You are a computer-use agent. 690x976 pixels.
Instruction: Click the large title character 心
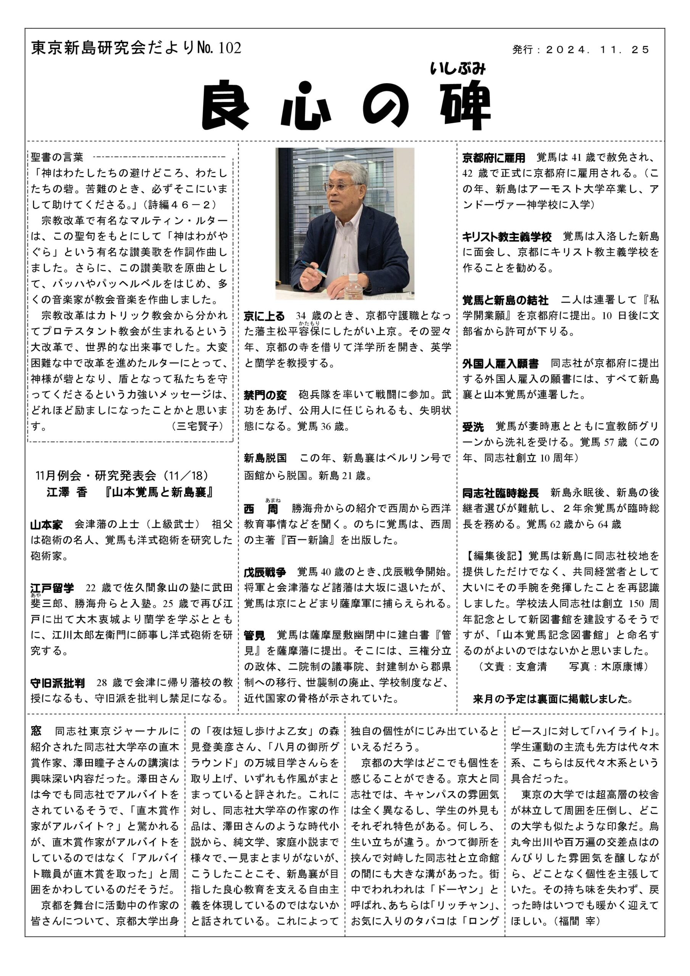coord(306,106)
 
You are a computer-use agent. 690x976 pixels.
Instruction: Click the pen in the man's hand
coord(314,268)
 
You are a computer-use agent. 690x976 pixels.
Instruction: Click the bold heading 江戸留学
coord(52,588)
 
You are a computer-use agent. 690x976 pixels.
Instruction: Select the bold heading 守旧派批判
coord(58,683)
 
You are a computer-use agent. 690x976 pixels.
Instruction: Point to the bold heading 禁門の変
coord(265,395)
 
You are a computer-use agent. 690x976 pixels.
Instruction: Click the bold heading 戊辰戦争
coord(265,572)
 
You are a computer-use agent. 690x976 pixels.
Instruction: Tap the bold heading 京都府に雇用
coord(494,158)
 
